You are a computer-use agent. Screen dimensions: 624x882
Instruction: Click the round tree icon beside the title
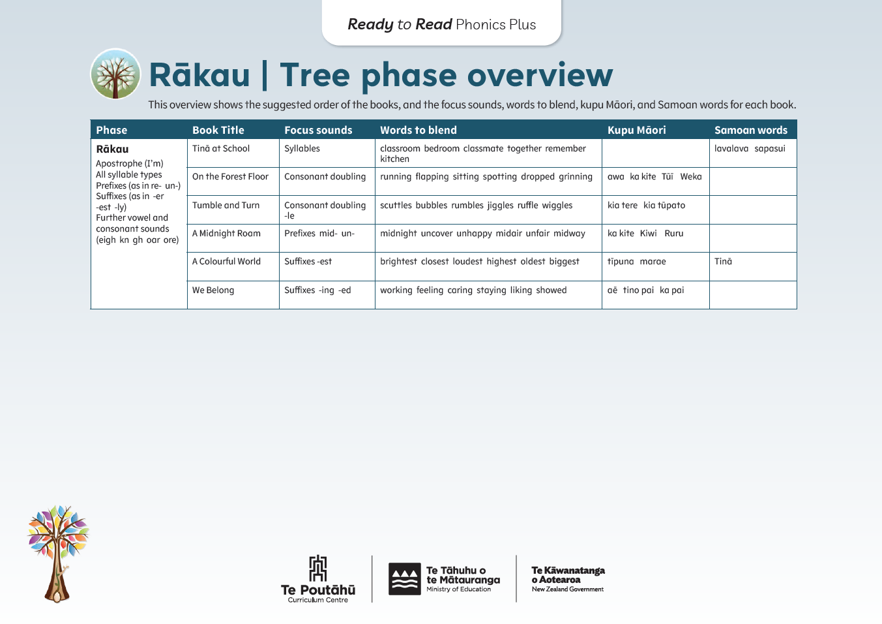pos(115,74)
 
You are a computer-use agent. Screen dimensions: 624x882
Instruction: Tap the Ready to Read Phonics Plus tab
pos(441,24)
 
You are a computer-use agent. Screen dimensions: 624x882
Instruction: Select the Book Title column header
pos(218,130)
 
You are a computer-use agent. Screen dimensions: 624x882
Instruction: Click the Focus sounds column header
pos(318,130)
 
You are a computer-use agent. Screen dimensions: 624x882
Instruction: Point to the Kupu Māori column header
pos(636,130)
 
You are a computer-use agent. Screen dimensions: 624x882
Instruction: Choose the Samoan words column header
pos(750,130)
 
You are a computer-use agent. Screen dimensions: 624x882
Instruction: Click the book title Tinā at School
pos(221,149)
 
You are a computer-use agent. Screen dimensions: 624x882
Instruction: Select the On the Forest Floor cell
pos(230,177)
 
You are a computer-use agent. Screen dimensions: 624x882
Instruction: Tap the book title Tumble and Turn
pos(226,205)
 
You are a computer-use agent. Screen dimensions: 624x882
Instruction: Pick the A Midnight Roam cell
pos(226,234)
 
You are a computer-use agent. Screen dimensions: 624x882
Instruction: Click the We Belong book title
pos(213,290)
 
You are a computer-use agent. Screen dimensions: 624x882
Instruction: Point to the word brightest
pos(398,262)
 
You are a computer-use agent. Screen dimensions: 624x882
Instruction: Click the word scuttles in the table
pos(396,206)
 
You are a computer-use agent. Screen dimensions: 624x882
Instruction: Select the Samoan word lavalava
pos(731,149)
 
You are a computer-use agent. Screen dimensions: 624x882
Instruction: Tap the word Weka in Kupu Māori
pos(690,177)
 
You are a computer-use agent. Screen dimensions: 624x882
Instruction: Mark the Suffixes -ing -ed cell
pos(317,290)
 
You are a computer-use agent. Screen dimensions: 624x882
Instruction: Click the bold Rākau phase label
pos(112,149)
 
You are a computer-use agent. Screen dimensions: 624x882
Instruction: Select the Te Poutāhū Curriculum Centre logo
pos(318,579)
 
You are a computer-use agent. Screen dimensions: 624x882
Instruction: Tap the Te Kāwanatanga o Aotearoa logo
pos(568,579)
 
